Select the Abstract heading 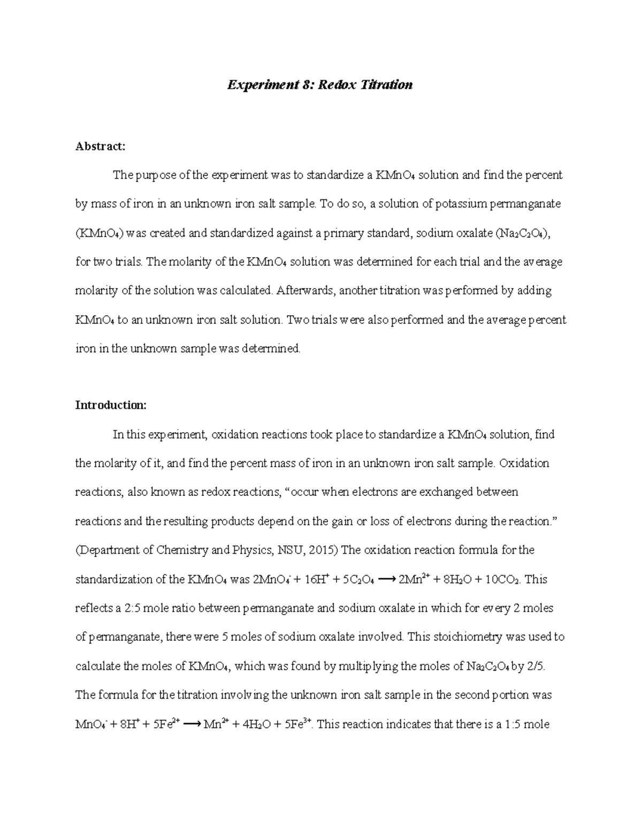100,146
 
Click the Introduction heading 110,405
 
